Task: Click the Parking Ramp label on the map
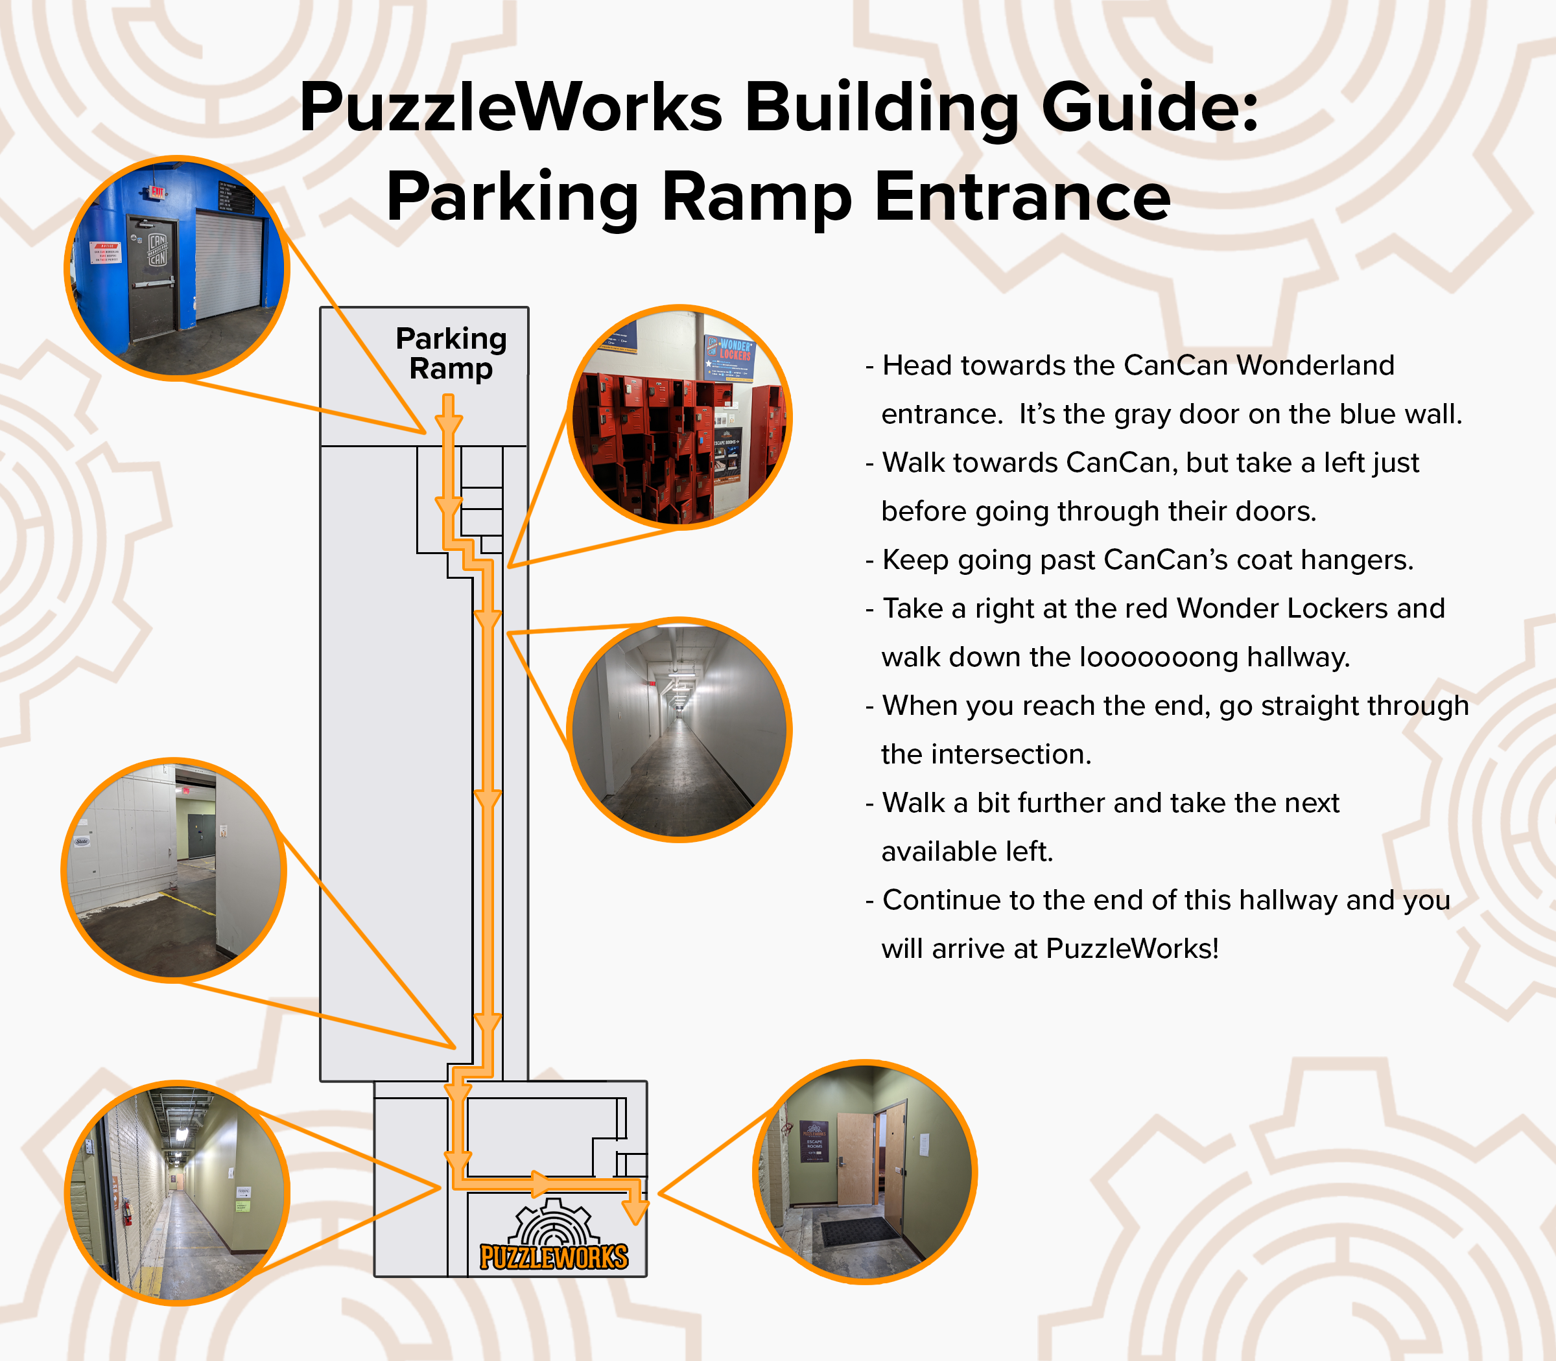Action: tap(451, 353)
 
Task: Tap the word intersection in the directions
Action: tap(1011, 754)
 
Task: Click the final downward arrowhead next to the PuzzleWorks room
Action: tap(636, 1213)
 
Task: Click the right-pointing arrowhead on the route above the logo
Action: tap(542, 1183)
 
